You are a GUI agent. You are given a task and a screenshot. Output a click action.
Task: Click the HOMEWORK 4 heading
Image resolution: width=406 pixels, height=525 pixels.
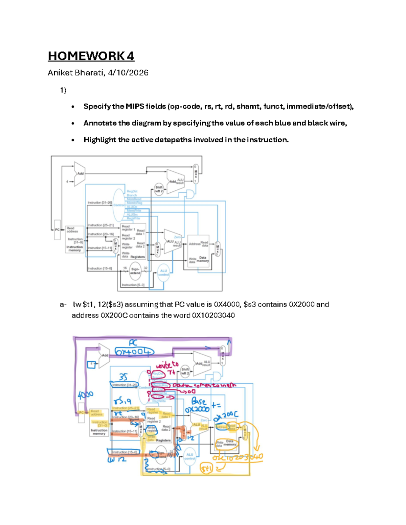click(x=91, y=56)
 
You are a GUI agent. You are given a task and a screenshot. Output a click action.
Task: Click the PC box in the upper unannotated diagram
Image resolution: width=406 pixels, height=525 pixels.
click(x=57, y=230)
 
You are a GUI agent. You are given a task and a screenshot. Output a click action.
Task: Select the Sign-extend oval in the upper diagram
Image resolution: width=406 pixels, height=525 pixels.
click(x=135, y=271)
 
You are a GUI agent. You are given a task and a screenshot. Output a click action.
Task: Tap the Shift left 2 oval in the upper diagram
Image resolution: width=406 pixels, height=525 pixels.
click(x=159, y=189)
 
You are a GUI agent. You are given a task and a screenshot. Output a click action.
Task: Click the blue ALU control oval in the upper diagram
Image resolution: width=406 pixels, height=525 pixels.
click(x=163, y=273)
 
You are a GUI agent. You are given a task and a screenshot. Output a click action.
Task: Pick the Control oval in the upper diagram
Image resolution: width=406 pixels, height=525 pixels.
click(x=119, y=205)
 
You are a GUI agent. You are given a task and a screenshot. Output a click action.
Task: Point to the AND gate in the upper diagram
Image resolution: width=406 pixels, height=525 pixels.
click(x=190, y=194)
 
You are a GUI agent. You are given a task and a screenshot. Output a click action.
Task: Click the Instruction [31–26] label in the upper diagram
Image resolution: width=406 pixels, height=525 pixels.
click(x=99, y=202)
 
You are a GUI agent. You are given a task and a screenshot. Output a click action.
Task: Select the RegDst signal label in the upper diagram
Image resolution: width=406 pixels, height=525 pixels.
click(x=132, y=191)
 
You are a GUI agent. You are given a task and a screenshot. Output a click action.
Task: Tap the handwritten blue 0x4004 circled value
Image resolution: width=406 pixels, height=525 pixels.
click(x=134, y=352)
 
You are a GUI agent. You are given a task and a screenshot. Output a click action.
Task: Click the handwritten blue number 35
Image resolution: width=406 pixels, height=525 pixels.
click(x=123, y=377)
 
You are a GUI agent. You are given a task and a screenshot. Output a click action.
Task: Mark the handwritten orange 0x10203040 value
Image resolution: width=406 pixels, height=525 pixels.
click(x=238, y=457)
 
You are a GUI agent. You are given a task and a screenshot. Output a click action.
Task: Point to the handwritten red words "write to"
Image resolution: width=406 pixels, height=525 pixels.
click(x=167, y=365)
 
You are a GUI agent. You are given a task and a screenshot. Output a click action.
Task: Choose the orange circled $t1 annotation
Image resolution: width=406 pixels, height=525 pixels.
click(x=206, y=469)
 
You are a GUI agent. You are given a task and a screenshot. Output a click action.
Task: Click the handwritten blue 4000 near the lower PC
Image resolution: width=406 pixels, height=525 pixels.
click(x=85, y=395)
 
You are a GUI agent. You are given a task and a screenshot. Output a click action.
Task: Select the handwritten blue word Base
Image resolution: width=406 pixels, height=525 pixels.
click(x=199, y=402)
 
